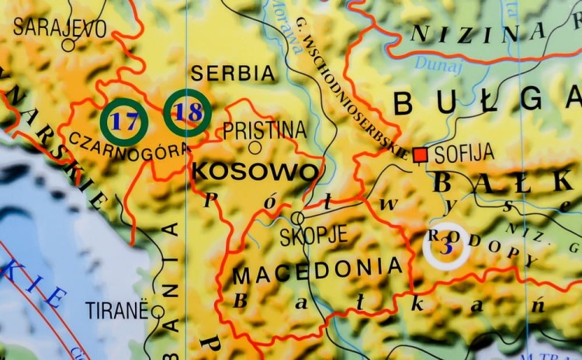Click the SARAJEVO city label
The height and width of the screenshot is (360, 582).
(60, 28)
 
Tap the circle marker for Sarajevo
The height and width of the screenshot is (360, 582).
(68, 45)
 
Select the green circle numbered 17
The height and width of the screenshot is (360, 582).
(125, 122)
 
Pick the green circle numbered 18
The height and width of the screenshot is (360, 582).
(187, 112)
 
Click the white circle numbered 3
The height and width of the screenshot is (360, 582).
(446, 247)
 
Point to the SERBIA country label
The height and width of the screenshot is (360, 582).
(233, 74)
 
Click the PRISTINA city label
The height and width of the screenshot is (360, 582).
(265, 130)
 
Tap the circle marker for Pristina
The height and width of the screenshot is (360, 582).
(255, 147)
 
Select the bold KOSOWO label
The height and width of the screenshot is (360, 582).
(255, 171)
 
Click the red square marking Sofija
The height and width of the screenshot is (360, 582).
(421, 155)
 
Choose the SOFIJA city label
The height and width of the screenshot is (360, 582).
(464, 154)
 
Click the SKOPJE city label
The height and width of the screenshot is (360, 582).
(314, 236)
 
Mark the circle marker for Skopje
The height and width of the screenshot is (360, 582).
(297, 218)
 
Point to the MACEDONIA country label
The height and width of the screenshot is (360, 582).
(318, 270)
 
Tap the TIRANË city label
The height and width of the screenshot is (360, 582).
(116, 310)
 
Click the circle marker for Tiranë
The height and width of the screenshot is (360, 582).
(158, 312)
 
